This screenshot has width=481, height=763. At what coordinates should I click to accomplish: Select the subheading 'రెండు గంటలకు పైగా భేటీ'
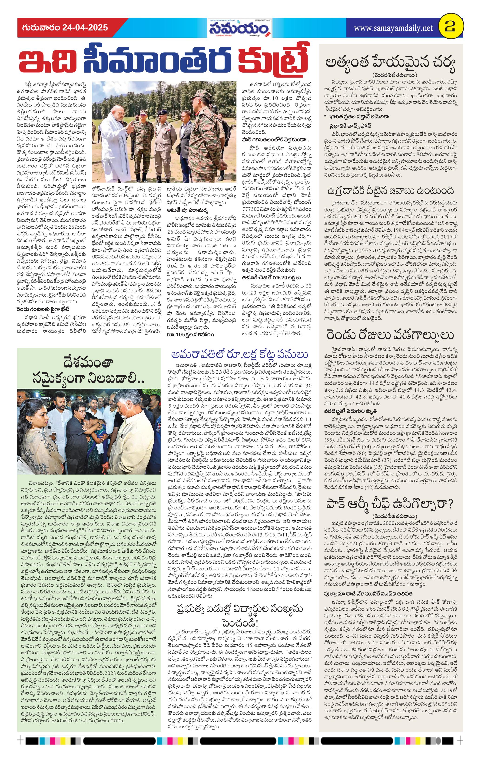tap(43, 309)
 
